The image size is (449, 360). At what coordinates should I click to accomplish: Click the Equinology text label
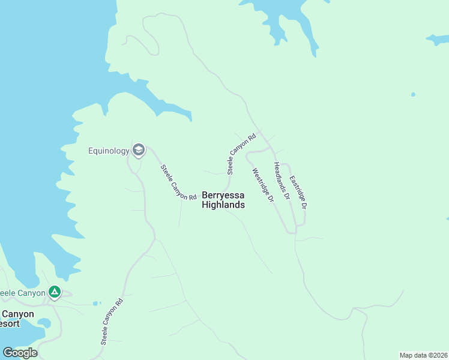[109, 150]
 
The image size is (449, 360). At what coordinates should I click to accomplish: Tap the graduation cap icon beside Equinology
[139, 150]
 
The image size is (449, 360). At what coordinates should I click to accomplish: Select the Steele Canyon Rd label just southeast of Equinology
[179, 182]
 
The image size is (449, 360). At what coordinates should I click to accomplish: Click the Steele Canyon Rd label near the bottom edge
[112, 322]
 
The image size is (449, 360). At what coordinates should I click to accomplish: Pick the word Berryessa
[223, 195]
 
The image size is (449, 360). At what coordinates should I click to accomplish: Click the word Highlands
[223, 205]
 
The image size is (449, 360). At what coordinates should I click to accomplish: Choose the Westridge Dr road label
[263, 184]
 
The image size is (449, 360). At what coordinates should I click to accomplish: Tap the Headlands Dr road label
[282, 181]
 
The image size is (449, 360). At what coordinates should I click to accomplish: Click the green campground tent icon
[55, 292]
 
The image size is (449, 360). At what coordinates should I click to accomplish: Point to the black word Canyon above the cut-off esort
[17, 314]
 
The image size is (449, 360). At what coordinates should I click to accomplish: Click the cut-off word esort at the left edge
[10, 323]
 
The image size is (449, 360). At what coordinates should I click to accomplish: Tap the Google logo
[20, 353]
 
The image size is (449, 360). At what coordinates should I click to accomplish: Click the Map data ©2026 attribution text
[423, 355]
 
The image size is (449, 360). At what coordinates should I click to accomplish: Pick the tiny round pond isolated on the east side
[413, 94]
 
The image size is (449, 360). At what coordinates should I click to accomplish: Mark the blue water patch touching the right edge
[438, 40]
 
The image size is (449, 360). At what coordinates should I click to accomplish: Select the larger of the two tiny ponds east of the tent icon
[94, 304]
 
